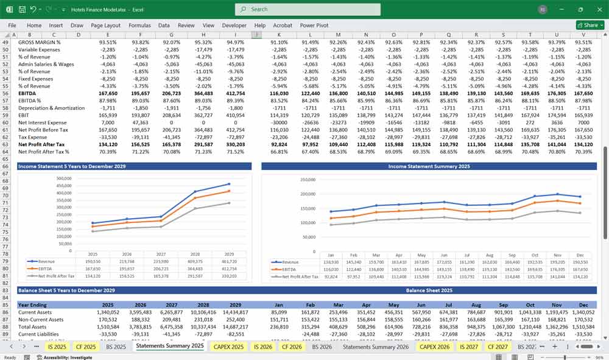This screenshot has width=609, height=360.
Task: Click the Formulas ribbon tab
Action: point(139,26)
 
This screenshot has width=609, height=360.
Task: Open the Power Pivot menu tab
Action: point(314,26)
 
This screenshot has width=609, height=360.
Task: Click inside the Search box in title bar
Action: point(308,9)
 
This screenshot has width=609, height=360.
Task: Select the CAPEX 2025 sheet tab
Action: point(228,347)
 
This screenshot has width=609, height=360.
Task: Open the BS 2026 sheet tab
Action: point(322,347)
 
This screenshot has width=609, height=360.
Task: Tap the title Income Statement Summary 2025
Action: point(429,166)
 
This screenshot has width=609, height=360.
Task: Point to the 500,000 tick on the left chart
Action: point(63,178)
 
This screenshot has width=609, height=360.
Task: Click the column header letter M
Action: point(338,35)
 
